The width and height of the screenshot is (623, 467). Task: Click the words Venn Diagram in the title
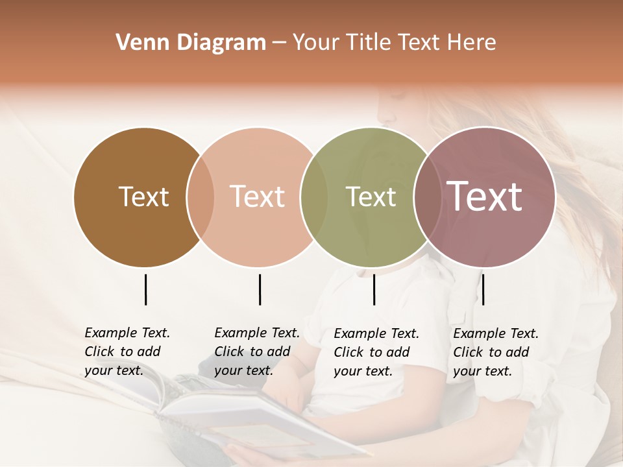191,43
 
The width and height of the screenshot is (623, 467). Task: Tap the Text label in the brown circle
143,197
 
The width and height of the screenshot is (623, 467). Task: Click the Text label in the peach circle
257,197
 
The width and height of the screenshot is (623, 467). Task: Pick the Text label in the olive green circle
371,197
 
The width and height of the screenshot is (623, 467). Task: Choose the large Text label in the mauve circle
484,197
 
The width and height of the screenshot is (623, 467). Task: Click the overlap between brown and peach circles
201,197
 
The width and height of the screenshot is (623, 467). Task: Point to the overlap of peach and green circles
314,197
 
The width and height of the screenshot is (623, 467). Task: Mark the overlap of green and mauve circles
426,197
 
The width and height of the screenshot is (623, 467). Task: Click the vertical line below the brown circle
145,289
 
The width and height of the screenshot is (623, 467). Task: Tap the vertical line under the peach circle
260,289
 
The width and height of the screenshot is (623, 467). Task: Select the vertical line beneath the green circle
374,289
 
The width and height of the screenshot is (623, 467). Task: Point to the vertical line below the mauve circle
483,289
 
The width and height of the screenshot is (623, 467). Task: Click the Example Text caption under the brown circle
127,352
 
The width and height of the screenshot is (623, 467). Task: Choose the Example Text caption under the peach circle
257,352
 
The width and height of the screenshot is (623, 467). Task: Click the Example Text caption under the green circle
376,352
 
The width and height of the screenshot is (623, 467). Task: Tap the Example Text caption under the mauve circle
496,352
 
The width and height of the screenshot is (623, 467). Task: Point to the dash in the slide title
279,43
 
